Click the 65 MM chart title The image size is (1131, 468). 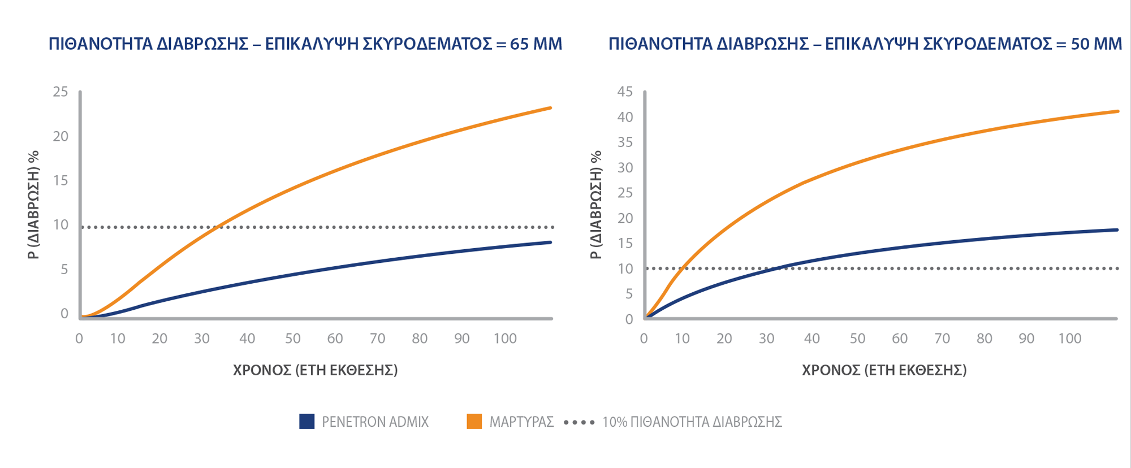coord(305,44)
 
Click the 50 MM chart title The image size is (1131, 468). coord(865,44)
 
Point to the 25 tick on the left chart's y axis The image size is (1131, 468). coord(61,92)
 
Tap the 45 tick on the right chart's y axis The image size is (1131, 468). coord(625,92)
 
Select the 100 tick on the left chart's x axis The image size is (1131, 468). coord(505,339)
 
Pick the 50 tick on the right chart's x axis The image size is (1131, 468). coord(857,339)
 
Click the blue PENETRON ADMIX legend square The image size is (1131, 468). coord(307,422)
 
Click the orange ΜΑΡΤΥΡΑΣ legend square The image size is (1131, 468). coord(474,422)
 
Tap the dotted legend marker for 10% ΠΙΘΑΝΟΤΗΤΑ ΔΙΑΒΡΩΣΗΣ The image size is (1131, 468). coord(580,422)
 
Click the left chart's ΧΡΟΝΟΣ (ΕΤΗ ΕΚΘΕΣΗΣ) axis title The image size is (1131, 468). coord(316,370)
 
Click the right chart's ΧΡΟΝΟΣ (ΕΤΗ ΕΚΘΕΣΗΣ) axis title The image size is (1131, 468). coord(884,370)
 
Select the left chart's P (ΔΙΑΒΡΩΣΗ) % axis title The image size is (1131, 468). coord(34,205)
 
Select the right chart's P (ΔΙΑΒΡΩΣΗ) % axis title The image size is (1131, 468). coord(596,205)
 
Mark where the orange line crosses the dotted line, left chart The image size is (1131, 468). coord(219,227)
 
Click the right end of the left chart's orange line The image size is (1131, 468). coord(550,108)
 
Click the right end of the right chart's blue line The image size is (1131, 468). coord(1117,230)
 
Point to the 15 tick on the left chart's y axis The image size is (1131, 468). coord(61,180)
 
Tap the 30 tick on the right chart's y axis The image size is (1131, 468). coord(625,167)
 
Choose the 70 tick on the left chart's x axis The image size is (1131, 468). coord(377,339)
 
